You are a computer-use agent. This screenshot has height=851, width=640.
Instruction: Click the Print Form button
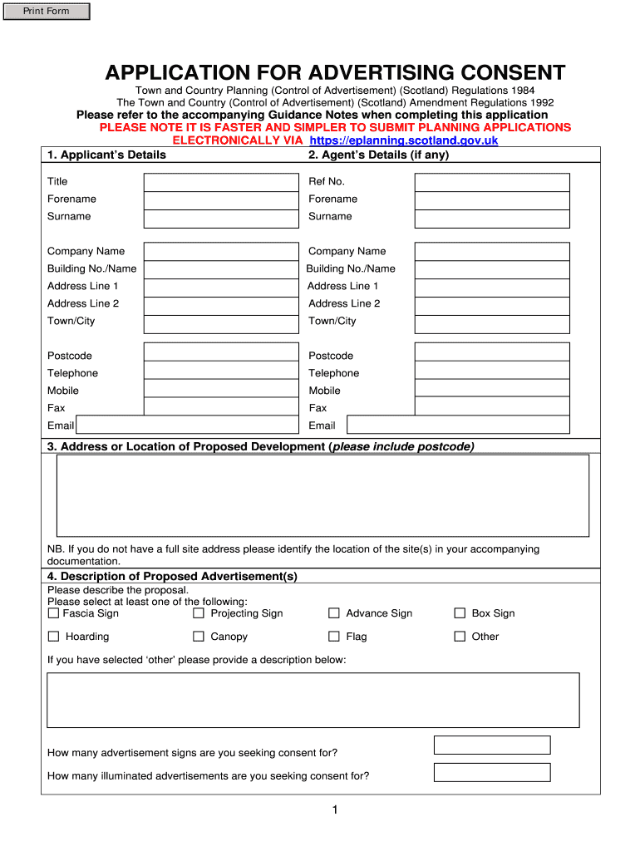(47, 12)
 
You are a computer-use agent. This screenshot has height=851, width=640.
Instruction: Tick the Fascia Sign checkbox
(53, 613)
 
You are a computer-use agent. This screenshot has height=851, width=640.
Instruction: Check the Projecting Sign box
(199, 613)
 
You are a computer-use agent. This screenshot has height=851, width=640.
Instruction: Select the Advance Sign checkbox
(334, 613)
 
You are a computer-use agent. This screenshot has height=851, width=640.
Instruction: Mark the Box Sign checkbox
(460, 613)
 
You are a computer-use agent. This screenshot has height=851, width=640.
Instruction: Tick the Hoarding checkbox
(53, 637)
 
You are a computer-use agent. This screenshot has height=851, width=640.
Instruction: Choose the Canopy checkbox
(199, 637)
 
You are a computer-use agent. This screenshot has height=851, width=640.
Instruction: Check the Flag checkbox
(334, 637)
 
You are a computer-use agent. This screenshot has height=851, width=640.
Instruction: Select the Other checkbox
(460, 637)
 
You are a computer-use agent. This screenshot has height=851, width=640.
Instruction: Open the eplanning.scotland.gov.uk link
(403, 140)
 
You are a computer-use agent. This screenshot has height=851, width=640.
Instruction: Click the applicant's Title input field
(220, 182)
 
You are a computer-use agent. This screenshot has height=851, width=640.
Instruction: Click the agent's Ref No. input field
(492, 182)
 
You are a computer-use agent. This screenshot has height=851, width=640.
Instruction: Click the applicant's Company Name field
(220, 252)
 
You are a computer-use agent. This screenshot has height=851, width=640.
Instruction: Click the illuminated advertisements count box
(492, 772)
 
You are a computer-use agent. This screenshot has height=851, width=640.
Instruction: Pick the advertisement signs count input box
(492, 745)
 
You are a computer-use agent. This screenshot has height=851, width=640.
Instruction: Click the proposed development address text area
(322, 495)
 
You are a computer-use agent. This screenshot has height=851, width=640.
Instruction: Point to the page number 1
(334, 810)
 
